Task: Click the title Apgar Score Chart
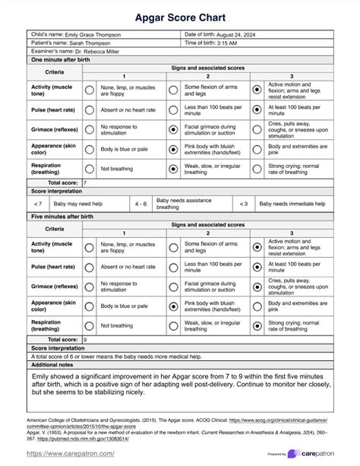click(x=180, y=14)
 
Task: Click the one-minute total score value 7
click(x=84, y=183)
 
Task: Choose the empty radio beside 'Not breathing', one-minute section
click(x=90, y=169)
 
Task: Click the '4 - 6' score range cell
click(x=141, y=204)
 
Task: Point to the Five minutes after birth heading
click(x=62, y=217)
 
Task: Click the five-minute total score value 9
click(x=84, y=339)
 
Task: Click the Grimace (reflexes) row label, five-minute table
click(x=54, y=286)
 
